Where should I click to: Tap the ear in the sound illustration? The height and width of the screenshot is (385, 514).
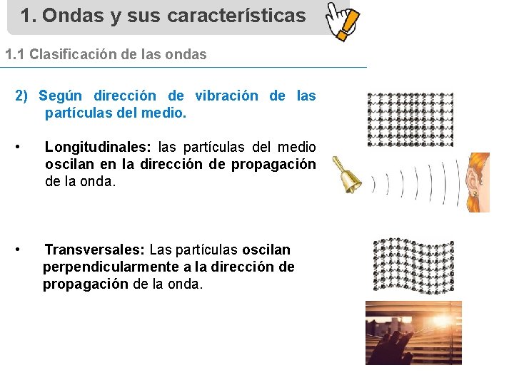tap(474, 181)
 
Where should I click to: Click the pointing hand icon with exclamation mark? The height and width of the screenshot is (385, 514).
tap(342, 20)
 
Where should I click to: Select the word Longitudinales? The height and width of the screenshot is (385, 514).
tap(97, 147)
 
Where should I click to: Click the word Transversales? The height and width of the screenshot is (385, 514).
tap(94, 250)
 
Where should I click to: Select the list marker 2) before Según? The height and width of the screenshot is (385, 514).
tap(22, 96)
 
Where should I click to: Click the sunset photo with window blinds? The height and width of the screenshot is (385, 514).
tap(413, 332)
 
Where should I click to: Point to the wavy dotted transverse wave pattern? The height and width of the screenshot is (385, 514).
tap(413, 265)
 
